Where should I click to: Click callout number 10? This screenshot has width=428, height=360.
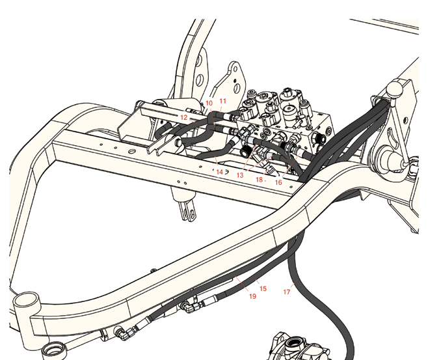coord(209,104)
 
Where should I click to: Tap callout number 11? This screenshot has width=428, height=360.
coord(223,101)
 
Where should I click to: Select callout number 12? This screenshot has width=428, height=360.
coord(184,117)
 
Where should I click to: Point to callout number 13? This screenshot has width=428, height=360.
coord(240,175)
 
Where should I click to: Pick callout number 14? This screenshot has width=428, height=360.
coord(220,172)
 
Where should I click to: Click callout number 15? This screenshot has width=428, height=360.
coord(263,288)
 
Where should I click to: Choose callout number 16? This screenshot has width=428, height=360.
coord(278,182)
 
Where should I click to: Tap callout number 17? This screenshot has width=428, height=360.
coord(287,292)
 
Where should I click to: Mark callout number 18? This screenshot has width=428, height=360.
coord(259,180)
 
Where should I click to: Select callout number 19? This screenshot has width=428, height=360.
coord(253,296)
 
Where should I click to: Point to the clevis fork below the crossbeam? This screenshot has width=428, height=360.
coord(189,211)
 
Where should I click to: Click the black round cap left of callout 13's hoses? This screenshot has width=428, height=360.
coord(245,152)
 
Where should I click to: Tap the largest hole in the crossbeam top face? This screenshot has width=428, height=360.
coord(132,151)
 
